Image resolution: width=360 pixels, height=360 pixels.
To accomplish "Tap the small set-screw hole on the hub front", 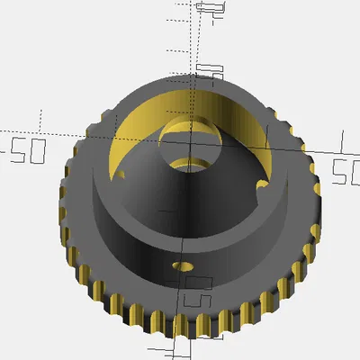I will pyautogui.click(x=184, y=266).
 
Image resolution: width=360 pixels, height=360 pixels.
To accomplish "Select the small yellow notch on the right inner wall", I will pyautogui.click(x=262, y=186).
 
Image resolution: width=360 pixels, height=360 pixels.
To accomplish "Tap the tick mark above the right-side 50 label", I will pyautogui.click(x=342, y=139).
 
